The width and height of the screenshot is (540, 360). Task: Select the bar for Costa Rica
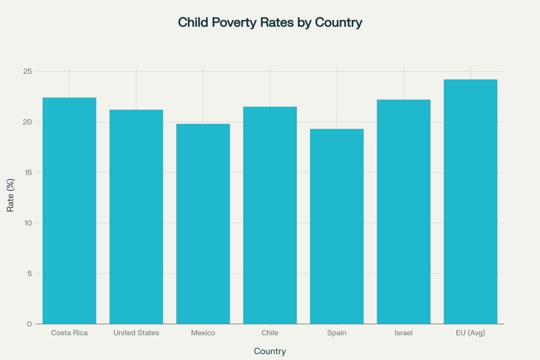(69, 211)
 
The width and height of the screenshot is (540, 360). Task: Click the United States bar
(136, 217)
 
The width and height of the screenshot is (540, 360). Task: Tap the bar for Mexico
(203, 223)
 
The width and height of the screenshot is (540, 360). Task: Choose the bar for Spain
(337, 226)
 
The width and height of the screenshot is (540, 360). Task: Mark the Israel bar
(404, 211)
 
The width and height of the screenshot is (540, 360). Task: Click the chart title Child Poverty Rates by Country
(270, 23)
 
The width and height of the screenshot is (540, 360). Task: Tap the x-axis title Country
(270, 351)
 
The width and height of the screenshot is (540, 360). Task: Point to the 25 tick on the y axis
(27, 72)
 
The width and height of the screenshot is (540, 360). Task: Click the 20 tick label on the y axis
(27, 122)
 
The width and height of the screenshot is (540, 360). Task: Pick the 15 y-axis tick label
(27, 172)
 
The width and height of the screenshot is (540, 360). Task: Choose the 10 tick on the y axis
(27, 223)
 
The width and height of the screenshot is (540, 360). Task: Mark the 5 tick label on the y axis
(30, 274)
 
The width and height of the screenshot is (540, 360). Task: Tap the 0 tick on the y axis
(30, 324)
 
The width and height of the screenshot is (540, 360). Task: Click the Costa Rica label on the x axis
(69, 333)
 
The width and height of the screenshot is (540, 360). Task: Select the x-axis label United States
(136, 333)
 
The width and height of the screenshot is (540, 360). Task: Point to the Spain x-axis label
(337, 333)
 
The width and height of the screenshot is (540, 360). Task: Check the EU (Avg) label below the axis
(470, 333)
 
